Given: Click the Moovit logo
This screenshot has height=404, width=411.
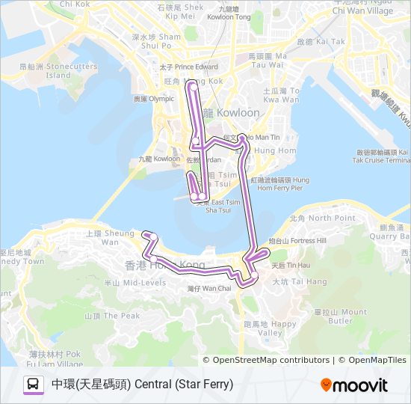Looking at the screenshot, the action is [353, 385].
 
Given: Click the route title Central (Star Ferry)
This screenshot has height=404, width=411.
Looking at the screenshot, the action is [142, 385].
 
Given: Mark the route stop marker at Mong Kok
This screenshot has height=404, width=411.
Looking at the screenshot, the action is [194, 87].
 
